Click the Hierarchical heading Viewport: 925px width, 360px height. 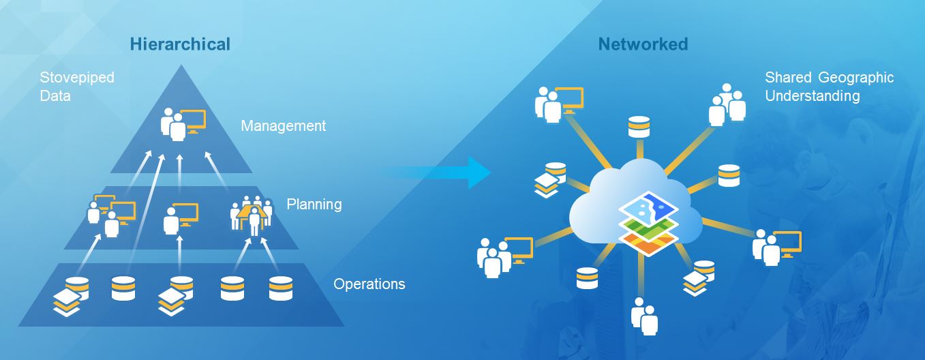[x=180, y=45]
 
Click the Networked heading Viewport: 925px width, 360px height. [x=643, y=45]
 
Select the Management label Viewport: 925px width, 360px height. [x=283, y=126]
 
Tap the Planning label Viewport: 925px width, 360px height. [x=314, y=205]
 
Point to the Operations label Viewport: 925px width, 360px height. [x=369, y=284]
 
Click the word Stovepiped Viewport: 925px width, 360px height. [x=77, y=78]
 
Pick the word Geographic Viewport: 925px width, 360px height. [x=856, y=78]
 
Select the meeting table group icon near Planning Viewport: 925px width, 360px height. [x=252, y=214]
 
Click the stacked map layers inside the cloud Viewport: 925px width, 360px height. [x=648, y=223]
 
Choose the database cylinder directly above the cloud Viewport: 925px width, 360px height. [x=639, y=127]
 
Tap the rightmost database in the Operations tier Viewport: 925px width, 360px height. [x=280, y=288]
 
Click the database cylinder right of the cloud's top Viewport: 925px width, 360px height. [x=728, y=175]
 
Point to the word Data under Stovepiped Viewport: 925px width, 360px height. [x=55, y=96]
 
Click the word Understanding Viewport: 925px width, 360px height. [x=812, y=96]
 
